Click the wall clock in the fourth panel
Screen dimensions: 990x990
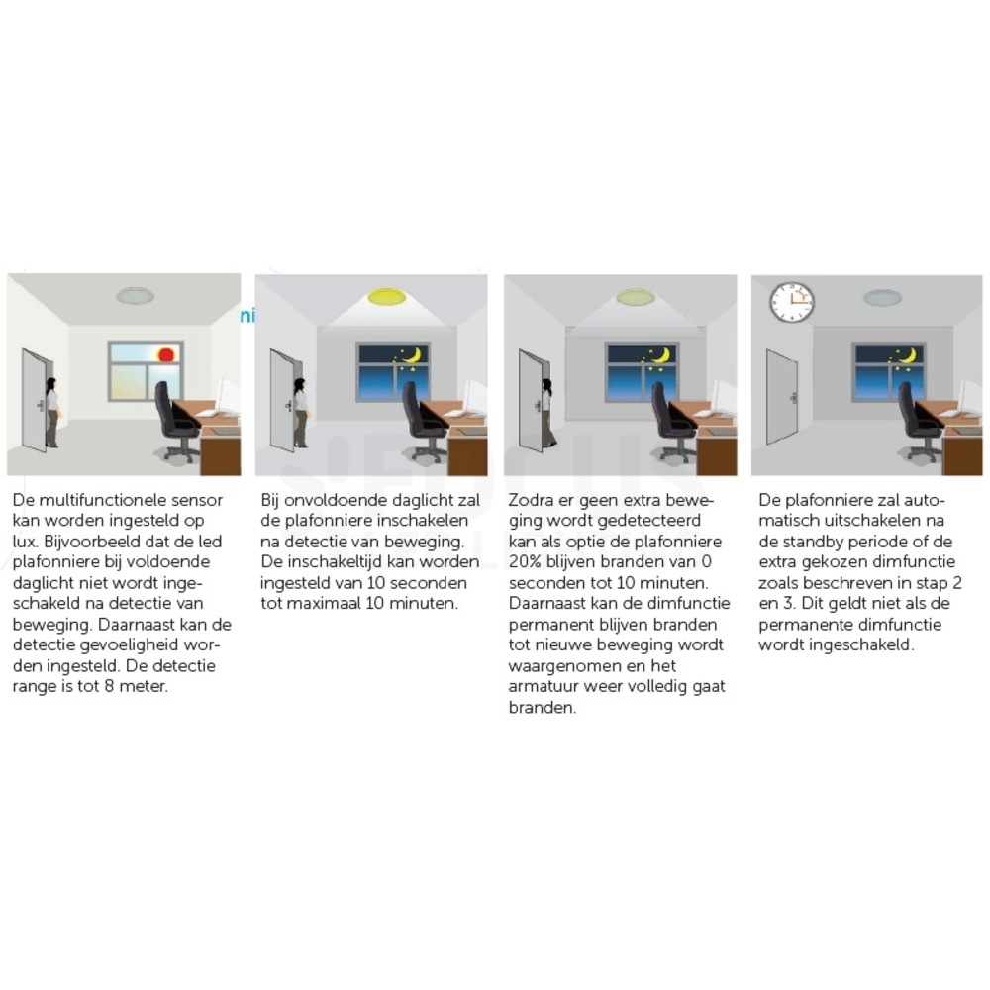(792, 301)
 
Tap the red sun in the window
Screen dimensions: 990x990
(166, 354)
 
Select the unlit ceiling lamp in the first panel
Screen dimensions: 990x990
(135, 296)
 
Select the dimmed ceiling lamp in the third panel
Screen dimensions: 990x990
(636, 296)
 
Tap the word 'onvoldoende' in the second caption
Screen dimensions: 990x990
(336, 500)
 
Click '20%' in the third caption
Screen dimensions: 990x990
(524, 561)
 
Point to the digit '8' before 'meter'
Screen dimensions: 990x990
(109, 686)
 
